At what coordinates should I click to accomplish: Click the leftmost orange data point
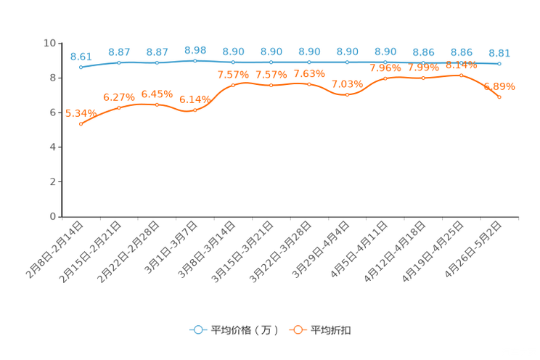coord(81,125)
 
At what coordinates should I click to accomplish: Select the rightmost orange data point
coord(499,97)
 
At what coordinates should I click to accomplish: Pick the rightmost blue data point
coord(499,65)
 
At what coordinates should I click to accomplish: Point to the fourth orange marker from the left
coord(195,110)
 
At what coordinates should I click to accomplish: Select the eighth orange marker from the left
coord(347,94)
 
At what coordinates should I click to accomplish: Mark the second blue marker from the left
coord(119,62)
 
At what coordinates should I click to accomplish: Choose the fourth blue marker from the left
coord(195,61)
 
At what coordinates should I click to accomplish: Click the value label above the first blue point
coord(81,56)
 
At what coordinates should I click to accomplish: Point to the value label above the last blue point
coord(499,52)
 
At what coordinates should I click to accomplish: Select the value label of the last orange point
coord(500,86)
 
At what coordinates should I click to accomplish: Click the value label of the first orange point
coord(81,112)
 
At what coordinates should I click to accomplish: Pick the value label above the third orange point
coord(157,94)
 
